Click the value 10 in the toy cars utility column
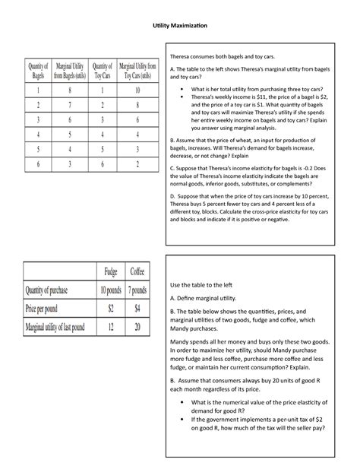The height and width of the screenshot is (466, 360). (137, 90)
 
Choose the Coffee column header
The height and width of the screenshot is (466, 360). (138, 272)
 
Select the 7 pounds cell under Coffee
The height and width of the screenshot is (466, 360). (138, 290)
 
